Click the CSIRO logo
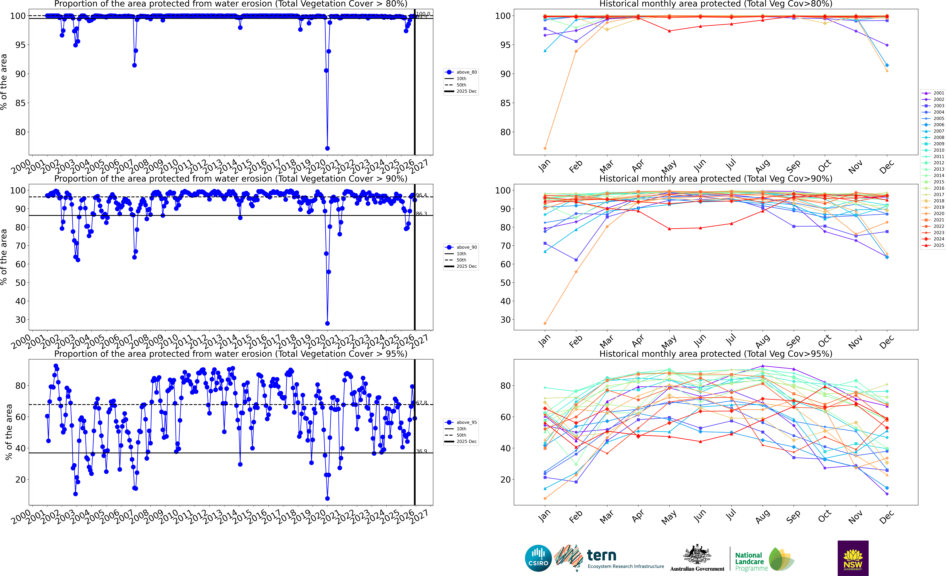point(538,558)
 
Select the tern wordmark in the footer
point(602,556)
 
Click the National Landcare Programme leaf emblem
point(781,559)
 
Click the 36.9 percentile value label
point(422,451)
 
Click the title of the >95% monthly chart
point(716,354)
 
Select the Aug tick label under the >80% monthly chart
point(763,166)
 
